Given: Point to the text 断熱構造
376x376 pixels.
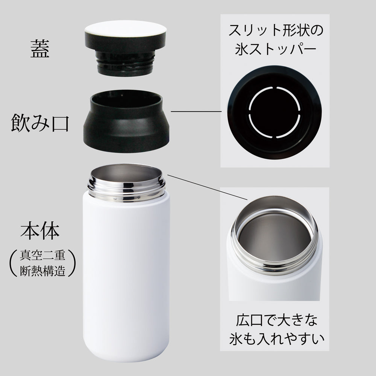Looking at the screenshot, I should [42, 271].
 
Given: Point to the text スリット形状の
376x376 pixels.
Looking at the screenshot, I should [275, 31].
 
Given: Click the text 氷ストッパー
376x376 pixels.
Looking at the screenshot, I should [275, 50].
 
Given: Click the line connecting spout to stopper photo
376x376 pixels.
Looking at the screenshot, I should [196, 111].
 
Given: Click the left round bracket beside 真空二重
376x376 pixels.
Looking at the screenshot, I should [11, 264].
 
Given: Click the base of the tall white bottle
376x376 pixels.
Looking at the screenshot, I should [126, 357].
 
